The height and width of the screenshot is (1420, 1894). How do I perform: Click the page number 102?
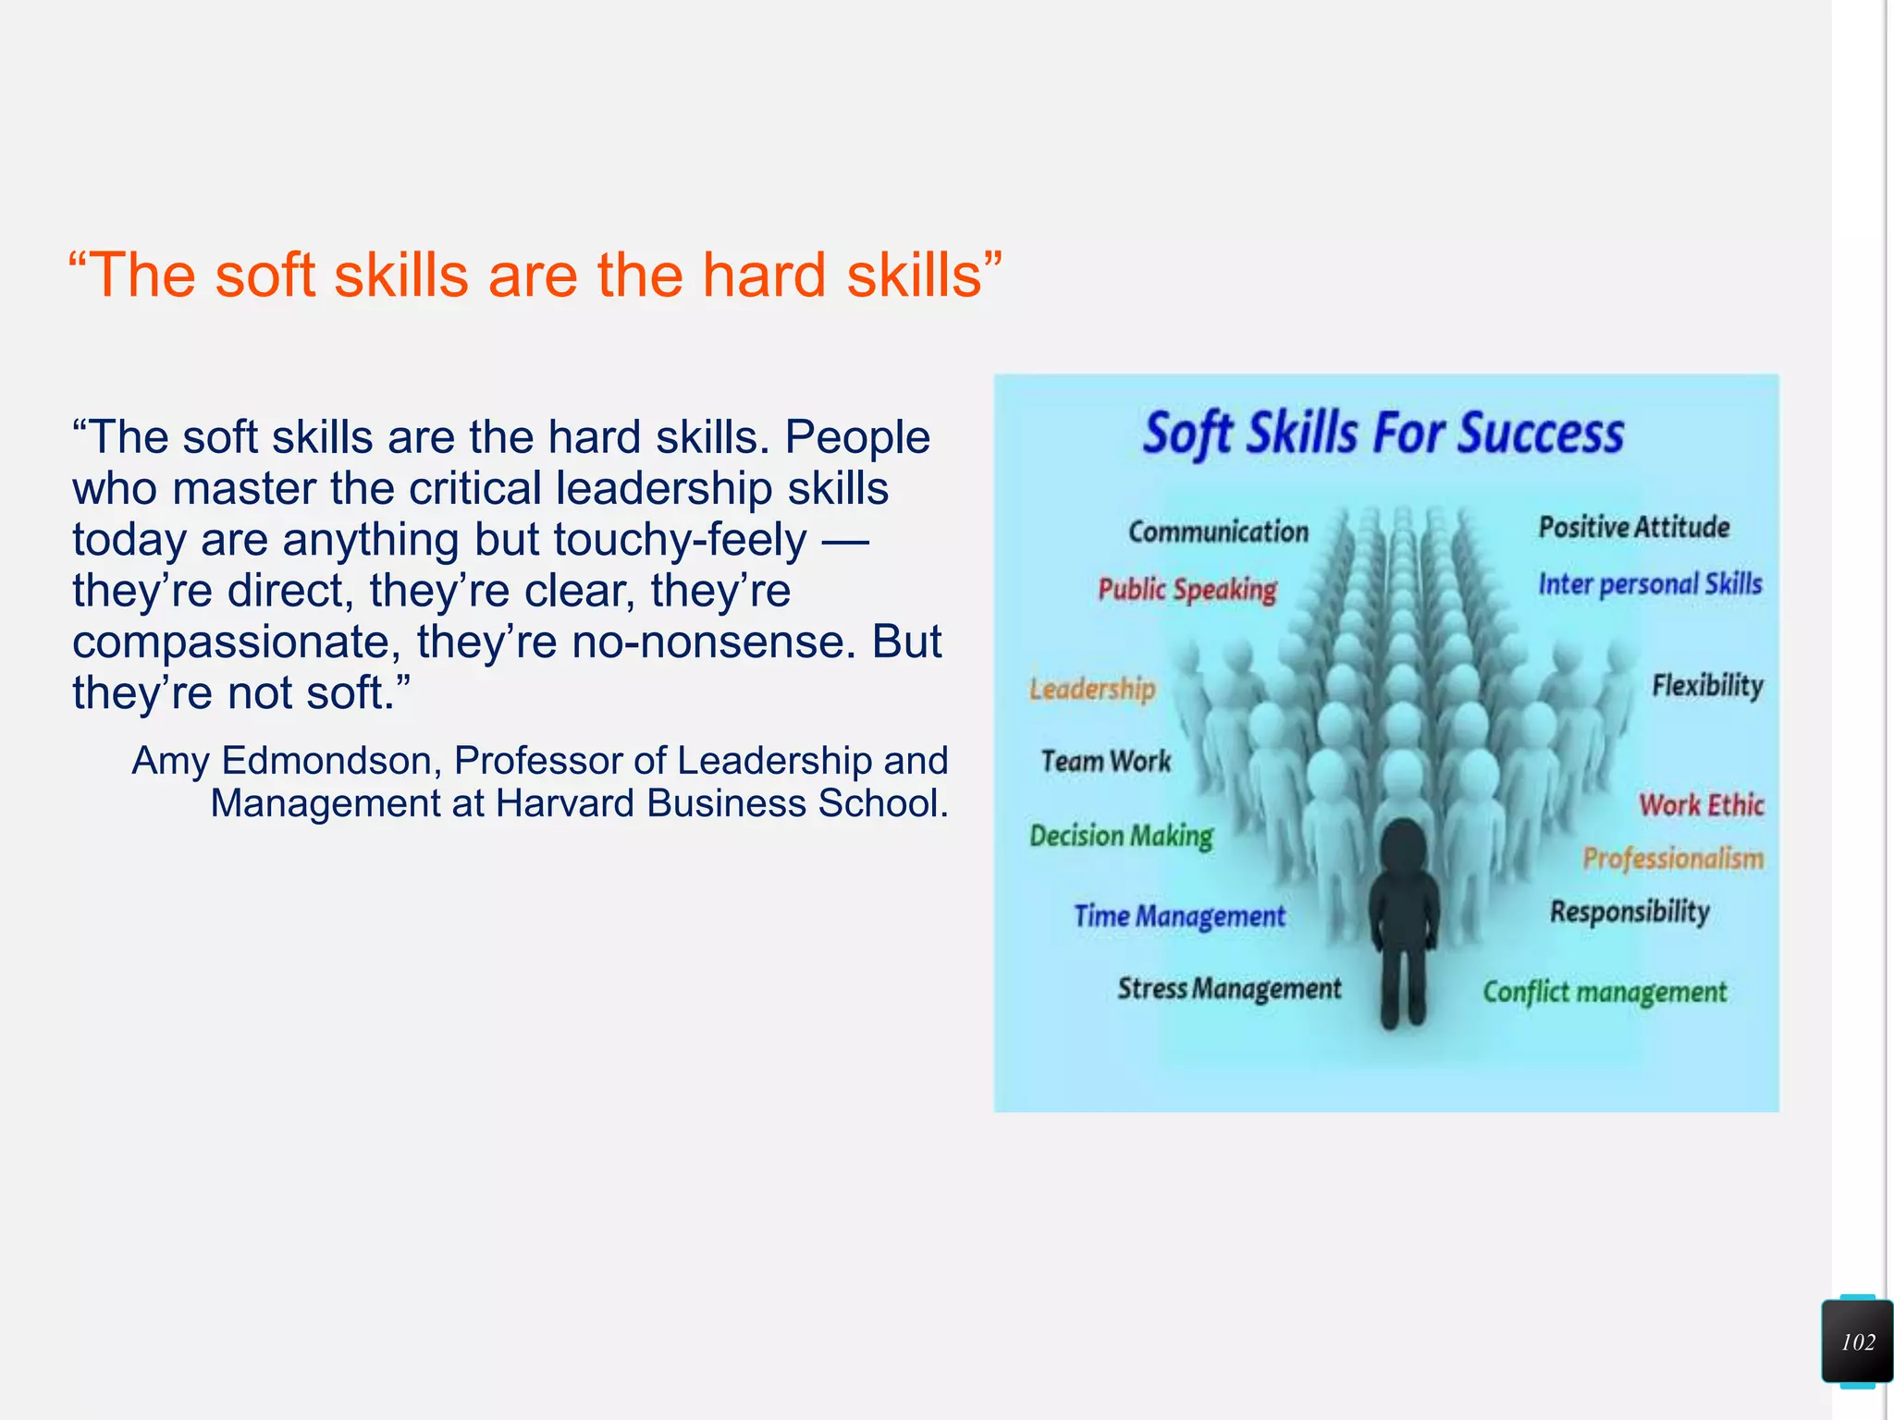1857,1342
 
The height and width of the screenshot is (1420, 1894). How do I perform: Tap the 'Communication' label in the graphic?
1218,532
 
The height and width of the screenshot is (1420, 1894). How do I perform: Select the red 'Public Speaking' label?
1187,590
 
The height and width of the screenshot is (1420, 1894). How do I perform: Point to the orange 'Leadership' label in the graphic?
1092,689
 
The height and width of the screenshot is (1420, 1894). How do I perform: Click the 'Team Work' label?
1106,761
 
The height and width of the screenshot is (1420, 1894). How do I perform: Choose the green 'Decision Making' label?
1121,836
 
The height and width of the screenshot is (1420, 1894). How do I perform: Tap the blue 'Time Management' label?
1179,916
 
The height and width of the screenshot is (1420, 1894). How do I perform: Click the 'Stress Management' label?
1229,988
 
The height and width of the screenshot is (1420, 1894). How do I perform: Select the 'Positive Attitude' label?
1634,527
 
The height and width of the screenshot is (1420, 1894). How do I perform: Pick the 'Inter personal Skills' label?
1650,584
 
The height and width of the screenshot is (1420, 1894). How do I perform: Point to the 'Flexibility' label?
1707,686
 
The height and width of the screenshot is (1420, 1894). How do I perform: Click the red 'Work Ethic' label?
1702,804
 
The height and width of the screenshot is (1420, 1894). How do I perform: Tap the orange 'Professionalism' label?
1673,859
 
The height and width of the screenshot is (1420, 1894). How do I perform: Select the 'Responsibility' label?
1630,912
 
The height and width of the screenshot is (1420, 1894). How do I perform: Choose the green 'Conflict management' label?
1605,992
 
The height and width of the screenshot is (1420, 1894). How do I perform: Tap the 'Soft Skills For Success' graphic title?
1384,434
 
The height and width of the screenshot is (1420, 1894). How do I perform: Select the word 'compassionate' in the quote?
236,643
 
